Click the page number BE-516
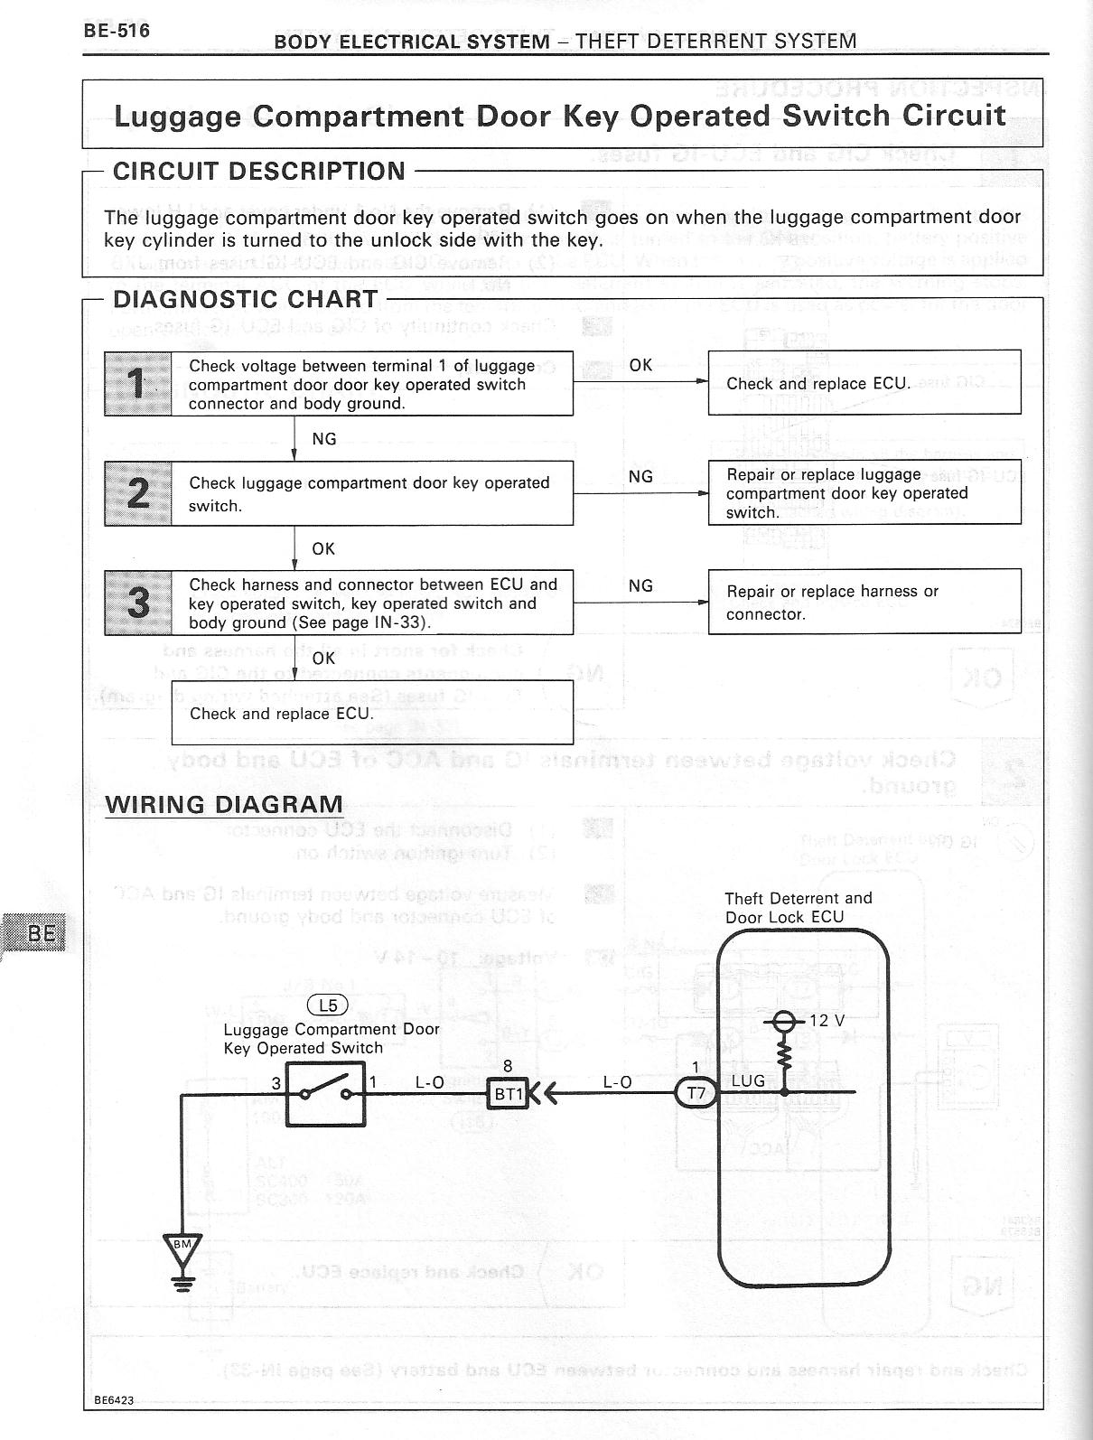click(x=117, y=30)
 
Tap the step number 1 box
click(x=138, y=384)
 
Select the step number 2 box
click(x=138, y=493)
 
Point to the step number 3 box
click(x=138, y=603)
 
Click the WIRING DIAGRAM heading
click(x=224, y=804)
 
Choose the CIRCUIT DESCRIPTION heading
click(x=258, y=171)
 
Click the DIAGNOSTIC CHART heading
click(x=245, y=299)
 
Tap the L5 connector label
click(x=328, y=1005)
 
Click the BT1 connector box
click(x=508, y=1094)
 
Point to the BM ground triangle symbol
click(x=182, y=1247)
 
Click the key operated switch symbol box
click(x=326, y=1094)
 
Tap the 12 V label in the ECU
click(x=827, y=1020)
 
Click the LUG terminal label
click(x=748, y=1080)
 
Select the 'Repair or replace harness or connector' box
click(x=864, y=602)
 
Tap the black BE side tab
click(x=36, y=933)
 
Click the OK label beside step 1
click(x=640, y=365)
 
